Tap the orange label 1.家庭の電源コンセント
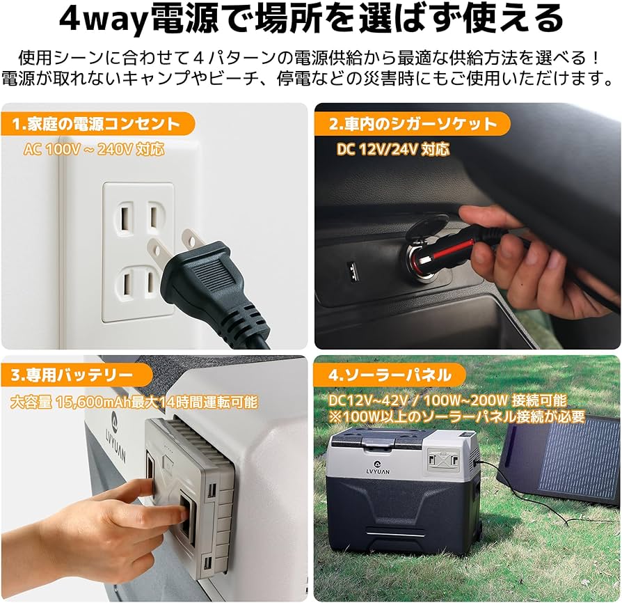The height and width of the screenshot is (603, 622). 96,125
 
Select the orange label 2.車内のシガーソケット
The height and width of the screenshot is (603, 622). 413,125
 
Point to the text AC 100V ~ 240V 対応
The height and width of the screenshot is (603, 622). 94,149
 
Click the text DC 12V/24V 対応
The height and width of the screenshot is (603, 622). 393,149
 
